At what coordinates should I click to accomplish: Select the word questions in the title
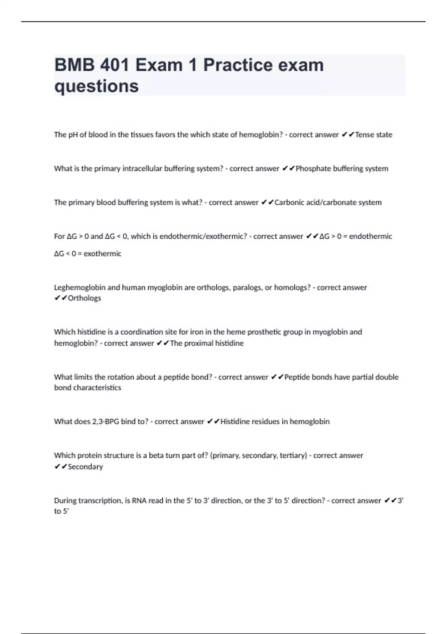(x=96, y=86)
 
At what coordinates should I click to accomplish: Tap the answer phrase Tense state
(x=374, y=135)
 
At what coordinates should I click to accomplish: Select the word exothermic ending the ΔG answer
(x=102, y=254)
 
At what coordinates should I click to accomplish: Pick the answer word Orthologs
(x=85, y=298)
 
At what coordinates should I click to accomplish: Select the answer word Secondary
(x=85, y=467)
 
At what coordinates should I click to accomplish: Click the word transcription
(x=99, y=500)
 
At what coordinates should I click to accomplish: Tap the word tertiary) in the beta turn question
(x=294, y=455)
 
